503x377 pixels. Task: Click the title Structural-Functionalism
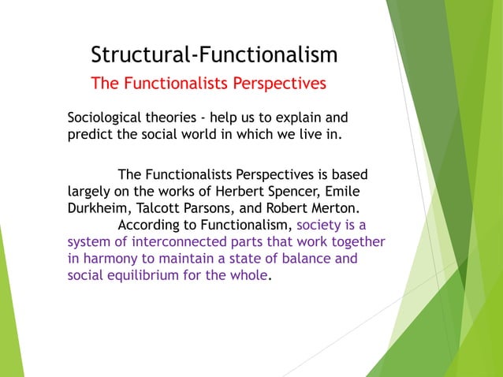(x=214, y=54)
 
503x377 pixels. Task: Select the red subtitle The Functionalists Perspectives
(x=208, y=83)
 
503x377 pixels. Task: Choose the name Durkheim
(x=99, y=208)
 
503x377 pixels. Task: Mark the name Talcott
(x=160, y=208)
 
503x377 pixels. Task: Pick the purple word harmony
(x=110, y=259)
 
